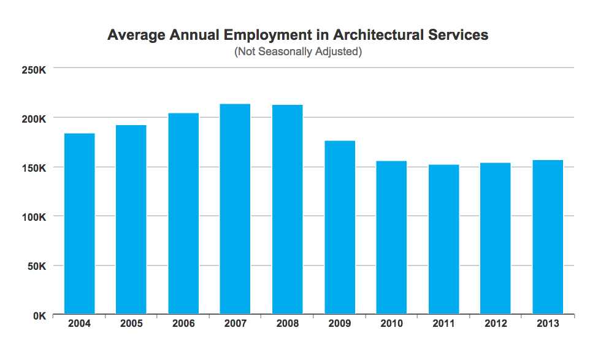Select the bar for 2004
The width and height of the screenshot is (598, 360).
[x=79, y=224]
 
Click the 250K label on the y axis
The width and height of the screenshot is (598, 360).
[x=34, y=69]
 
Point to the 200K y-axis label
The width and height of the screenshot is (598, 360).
[x=34, y=118]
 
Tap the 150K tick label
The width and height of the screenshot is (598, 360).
[x=34, y=168]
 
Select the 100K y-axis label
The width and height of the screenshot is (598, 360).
[x=34, y=217]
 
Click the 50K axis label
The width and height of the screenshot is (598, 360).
[x=36, y=266]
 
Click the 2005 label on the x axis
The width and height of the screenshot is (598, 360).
[x=131, y=324]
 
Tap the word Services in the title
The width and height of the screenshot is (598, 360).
[x=458, y=35]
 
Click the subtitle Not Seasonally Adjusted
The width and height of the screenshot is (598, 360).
[x=298, y=52]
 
